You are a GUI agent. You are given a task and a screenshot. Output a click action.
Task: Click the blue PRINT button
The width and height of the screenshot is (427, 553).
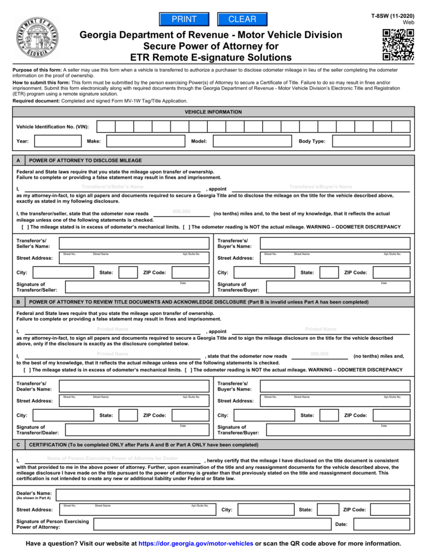pos(184,19)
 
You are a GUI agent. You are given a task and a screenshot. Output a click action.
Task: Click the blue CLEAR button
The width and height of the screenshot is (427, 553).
pos(242,19)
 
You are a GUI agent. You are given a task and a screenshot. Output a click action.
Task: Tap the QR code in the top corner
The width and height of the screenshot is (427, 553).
pos(398,44)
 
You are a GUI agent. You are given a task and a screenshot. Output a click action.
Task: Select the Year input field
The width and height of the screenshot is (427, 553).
pos(57,141)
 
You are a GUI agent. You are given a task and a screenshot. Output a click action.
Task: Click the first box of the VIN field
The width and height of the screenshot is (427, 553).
pos(106,127)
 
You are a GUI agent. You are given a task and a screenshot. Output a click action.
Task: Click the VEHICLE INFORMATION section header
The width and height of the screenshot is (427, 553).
pos(213,112)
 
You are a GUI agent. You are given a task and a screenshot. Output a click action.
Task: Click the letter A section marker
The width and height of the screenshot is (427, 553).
pos(18,160)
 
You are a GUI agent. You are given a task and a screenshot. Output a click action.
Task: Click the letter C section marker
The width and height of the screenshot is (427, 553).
pos(18,445)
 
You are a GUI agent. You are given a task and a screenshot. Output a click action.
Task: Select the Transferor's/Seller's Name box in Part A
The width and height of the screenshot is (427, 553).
pos(133,243)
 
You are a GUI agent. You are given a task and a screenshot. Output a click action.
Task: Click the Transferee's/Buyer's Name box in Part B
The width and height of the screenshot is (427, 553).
pos(335,386)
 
